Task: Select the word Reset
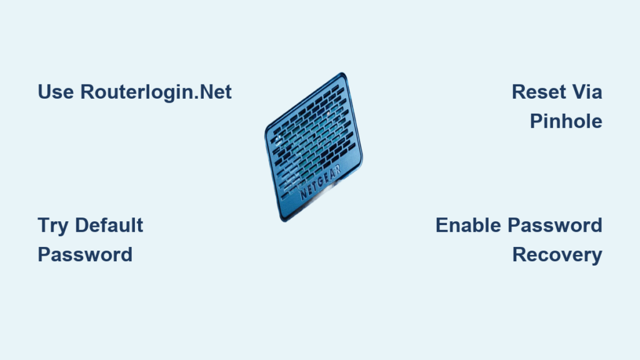pyautogui.click(x=537, y=92)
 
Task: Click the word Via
pyautogui.click(x=587, y=92)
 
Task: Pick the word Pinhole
pyautogui.click(x=566, y=121)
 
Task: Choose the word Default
pyautogui.click(x=109, y=225)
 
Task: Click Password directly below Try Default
pyautogui.click(x=85, y=255)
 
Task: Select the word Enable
pyautogui.click(x=468, y=225)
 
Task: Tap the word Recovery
pyautogui.click(x=557, y=256)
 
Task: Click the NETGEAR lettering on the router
pyautogui.click(x=321, y=182)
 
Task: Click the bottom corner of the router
pyautogui.click(x=284, y=221)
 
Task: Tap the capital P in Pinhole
pyautogui.click(x=536, y=121)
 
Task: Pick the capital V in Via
pyautogui.click(x=579, y=92)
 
